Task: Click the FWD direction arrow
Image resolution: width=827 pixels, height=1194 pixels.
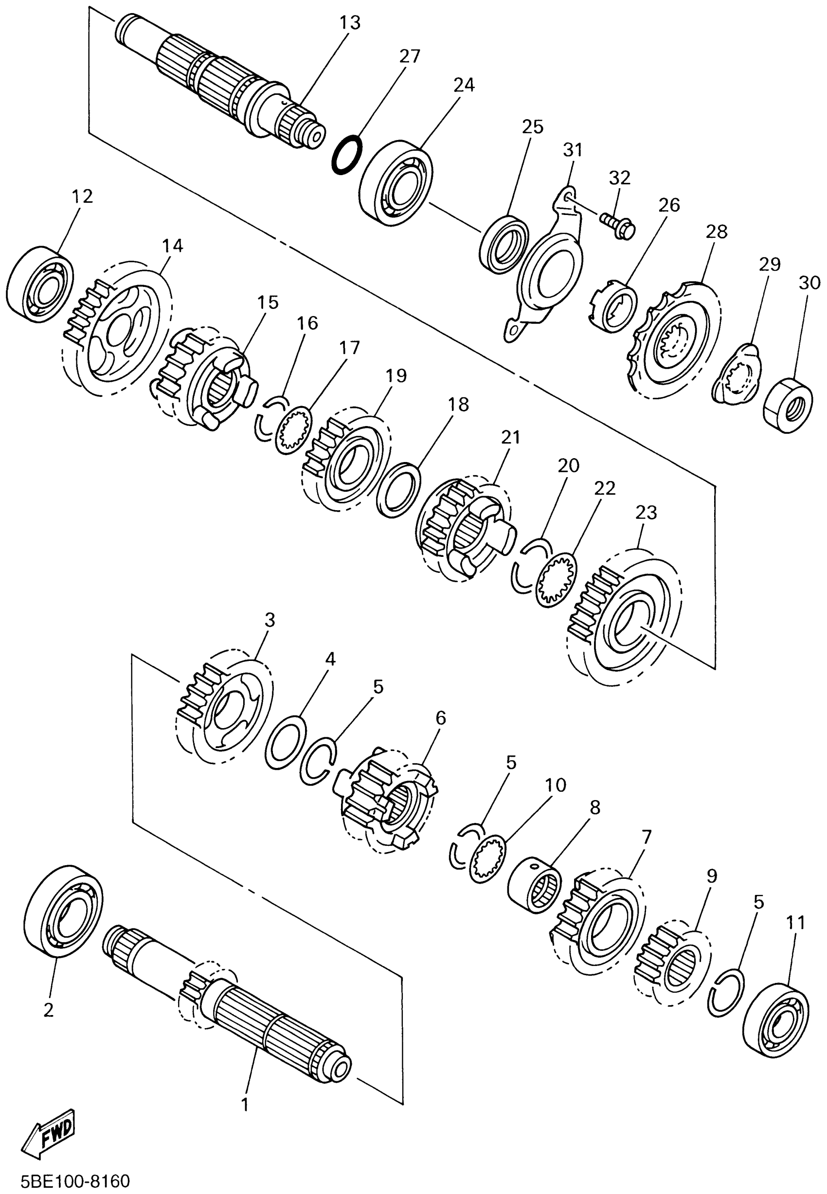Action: pyautogui.click(x=50, y=1132)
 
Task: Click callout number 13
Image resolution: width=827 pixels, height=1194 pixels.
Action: pyautogui.click(x=350, y=23)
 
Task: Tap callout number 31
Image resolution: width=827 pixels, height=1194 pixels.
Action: pyautogui.click(x=573, y=150)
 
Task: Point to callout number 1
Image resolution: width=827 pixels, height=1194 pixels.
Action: pyautogui.click(x=245, y=1105)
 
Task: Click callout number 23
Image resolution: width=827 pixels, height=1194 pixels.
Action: pyautogui.click(x=646, y=513)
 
